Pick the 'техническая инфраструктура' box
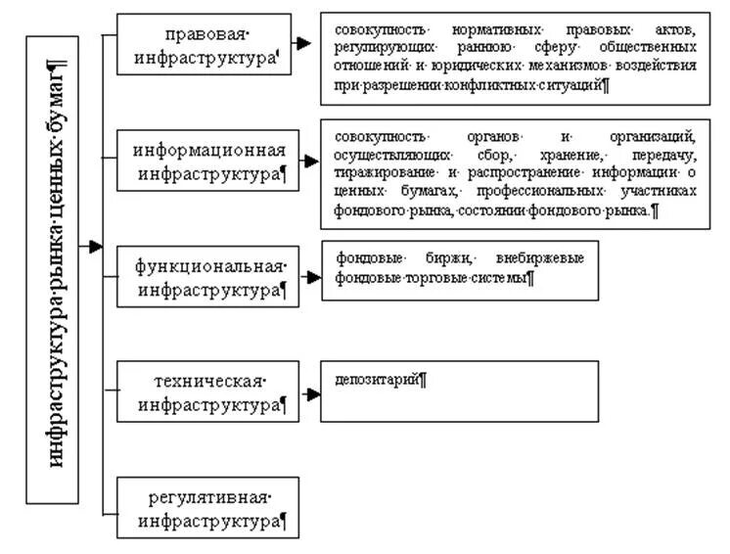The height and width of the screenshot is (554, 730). click(x=207, y=392)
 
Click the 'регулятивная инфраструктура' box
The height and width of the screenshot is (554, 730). click(x=207, y=507)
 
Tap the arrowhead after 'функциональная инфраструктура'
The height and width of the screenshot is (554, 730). click(x=312, y=277)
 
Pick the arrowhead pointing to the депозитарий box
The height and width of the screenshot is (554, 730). click(x=312, y=394)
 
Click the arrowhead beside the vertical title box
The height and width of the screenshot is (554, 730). click(x=96, y=247)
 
